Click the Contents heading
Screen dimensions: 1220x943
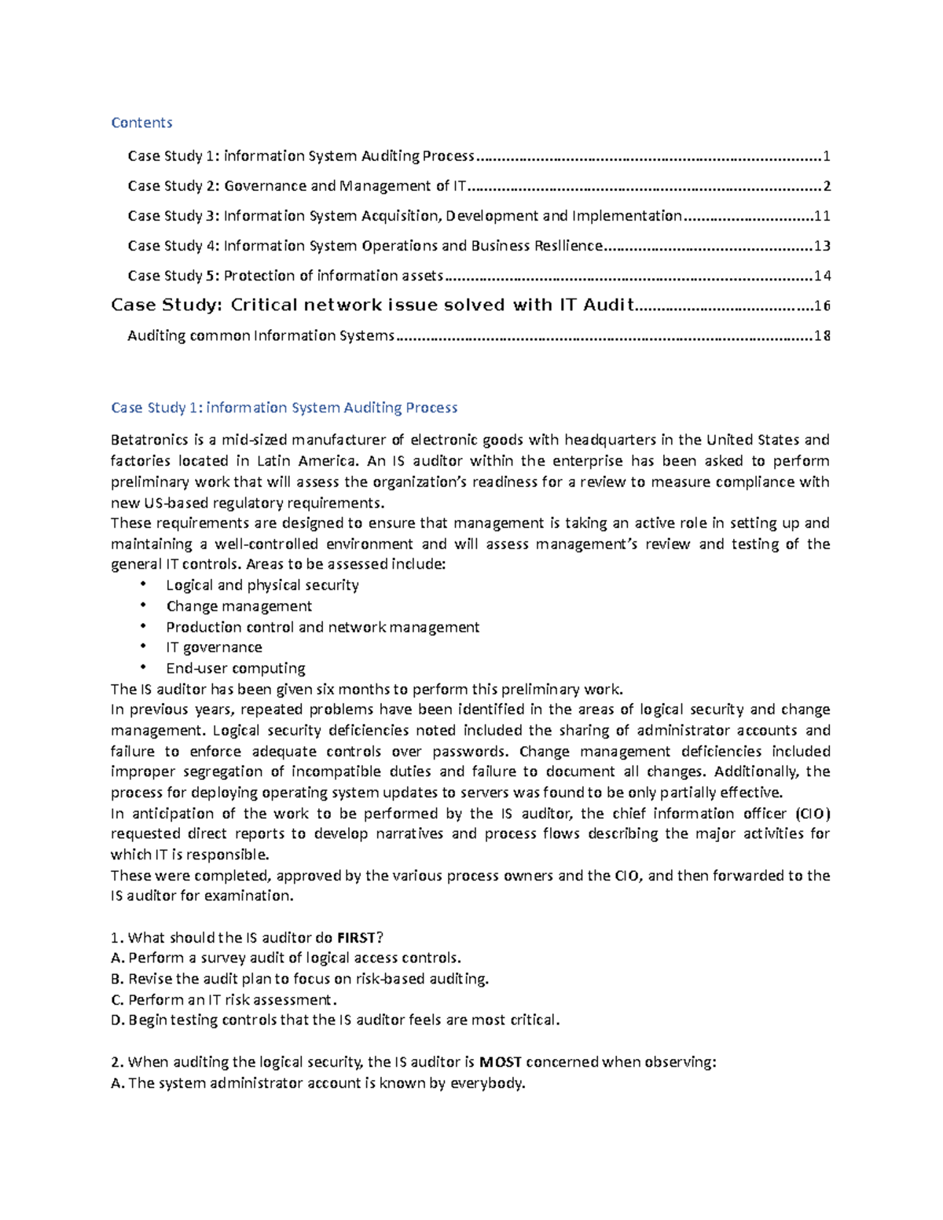(x=141, y=123)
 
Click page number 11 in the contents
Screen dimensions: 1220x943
(x=822, y=216)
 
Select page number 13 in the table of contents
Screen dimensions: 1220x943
(x=822, y=246)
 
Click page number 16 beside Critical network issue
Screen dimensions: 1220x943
(x=822, y=306)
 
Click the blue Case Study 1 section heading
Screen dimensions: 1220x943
(x=284, y=408)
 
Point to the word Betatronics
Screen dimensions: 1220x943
(x=149, y=440)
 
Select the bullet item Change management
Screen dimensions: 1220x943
(x=239, y=606)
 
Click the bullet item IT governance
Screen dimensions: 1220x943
(x=214, y=647)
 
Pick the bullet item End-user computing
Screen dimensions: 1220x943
(x=236, y=669)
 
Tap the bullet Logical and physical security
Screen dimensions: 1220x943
(x=262, y=585)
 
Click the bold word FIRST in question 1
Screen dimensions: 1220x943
(x=356, y=937)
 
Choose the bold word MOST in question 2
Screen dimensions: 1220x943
(x=501, y=1062)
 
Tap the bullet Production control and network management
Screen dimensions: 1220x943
(x=322, y=627)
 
